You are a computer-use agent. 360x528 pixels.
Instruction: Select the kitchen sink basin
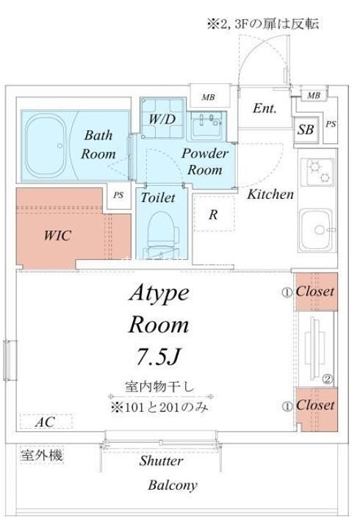(x=316, y=230)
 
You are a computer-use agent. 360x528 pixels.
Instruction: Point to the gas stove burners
(x=318, y=172)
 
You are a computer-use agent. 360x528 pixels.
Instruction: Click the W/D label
(x=162, y=119)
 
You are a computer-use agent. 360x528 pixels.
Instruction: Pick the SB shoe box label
(x=306, y=130)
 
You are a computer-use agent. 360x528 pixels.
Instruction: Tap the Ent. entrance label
(x=264, y=108)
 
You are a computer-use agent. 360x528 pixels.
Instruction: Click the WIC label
(x=57, y=235)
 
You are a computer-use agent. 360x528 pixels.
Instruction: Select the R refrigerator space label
(x=213, y=215)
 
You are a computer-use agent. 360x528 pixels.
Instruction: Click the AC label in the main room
(x=45, y=422)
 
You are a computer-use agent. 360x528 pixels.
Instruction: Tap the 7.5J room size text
(x=158, y=357)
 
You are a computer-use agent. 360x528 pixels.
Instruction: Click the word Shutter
(x=162, y=460)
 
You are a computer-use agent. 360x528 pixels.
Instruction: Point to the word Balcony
(x=173, y=485)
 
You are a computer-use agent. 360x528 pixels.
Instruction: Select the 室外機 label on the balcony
(x=42, y=455)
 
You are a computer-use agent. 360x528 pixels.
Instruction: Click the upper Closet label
(x=315, y=292)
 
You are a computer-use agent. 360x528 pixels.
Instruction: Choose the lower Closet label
(x=315, y=405)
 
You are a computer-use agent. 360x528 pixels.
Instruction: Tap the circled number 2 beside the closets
(x=328, y=380)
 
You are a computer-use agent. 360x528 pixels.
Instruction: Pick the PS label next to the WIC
(x=118, y=195)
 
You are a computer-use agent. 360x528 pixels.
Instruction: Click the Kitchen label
(x=270, y=195)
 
